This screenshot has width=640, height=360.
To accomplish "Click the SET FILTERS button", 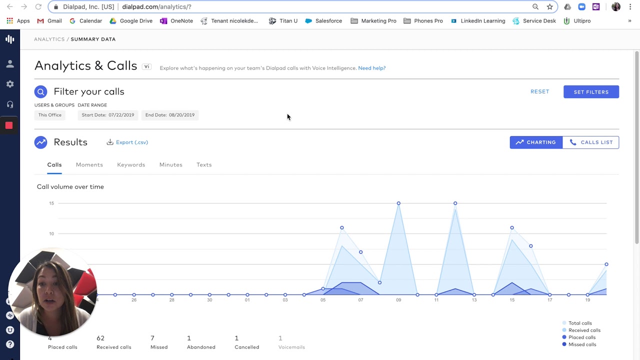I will (x=591, y=92).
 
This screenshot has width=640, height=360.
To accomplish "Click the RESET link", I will (x=539, y=91).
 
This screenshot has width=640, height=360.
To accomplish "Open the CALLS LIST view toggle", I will (x=591, y=142).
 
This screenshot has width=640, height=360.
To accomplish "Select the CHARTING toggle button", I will (x=536, y=142).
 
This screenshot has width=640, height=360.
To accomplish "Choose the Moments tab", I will (x=89, y=164).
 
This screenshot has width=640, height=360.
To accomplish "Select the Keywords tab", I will (x=131, y=164).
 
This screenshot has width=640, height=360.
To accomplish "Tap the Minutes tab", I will (x=170, y=164).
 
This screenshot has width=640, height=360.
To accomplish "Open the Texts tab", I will (x=204, y=164).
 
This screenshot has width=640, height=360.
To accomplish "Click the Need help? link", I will (x=371, y=68).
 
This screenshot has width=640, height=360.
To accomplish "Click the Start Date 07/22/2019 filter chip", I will (x=108, y=115).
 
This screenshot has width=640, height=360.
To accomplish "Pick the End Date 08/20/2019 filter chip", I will (x=170, y=115).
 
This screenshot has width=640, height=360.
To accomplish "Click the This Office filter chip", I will (x=50, y=115).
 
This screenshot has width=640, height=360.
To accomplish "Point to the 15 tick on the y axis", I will (x=51, y=203).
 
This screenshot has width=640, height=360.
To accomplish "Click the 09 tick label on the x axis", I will (x=398, y=300).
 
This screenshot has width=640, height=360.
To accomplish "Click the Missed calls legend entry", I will (x=582, y=344).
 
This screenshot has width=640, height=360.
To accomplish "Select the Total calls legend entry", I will (x=579, y=323).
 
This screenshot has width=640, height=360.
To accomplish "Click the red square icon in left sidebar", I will (x=9, y=125).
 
